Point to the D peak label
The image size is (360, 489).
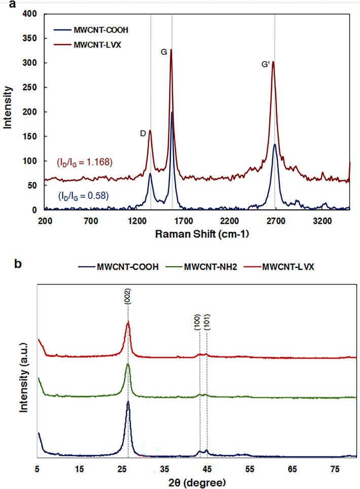[x=143, y=133]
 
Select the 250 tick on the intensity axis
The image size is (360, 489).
[x=29, y=88]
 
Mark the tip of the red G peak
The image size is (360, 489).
[x=171, y=50]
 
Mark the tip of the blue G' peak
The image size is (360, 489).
[x=274, y=145]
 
